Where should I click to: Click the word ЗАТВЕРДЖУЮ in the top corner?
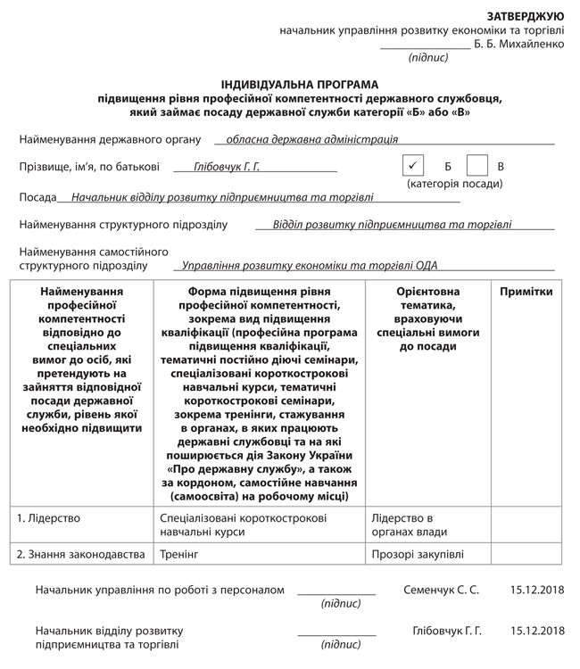(525, 16)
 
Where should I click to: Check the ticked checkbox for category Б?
(411, 165)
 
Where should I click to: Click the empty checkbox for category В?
(477, 165)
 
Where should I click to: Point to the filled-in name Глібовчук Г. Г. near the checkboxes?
(227, 166)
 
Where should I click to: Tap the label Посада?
(37, 197)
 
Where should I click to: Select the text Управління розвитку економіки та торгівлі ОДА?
(310, 265)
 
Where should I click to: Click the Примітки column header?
(526, 292)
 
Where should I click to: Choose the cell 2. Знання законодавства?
(81, 555)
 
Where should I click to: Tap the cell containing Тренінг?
(178, 555)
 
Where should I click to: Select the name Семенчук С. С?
(441, 590)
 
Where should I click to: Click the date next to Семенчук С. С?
(537, 590)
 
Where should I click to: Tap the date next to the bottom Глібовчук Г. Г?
(537, 631)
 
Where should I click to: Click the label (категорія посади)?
(454, 184)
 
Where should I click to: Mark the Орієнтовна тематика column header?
(427, 318)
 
